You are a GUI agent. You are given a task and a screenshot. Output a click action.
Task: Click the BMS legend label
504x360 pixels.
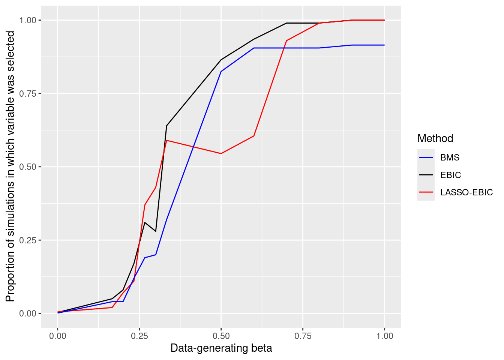point(450,157)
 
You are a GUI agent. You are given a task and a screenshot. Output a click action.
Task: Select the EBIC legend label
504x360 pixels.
point(450,175)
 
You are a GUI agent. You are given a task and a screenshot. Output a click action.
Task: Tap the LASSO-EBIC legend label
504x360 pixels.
point(466,192)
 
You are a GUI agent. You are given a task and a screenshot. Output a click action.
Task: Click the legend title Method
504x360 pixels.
point(435,138)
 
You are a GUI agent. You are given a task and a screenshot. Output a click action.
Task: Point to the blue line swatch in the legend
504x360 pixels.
point(426,157)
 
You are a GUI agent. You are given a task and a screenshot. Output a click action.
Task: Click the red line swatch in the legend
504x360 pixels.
point(426,192)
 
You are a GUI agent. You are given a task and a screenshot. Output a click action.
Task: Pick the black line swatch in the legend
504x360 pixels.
point(426,175)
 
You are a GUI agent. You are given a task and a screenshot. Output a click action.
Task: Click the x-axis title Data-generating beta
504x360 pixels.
point(221,348)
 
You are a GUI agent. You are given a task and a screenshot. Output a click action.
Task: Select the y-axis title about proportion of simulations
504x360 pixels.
point(10,166)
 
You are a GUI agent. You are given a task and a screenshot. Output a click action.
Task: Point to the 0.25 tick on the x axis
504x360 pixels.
point(139,336)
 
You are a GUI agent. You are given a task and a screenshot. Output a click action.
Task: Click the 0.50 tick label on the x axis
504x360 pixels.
point(221,336)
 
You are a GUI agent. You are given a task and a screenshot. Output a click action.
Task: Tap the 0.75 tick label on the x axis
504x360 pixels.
point(303,336)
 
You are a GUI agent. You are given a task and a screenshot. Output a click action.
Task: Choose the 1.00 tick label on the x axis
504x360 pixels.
point(384,336)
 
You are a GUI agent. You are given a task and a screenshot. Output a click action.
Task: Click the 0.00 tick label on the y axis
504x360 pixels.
point(28,313)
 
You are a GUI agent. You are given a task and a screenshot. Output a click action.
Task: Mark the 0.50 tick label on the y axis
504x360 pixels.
point(28,167)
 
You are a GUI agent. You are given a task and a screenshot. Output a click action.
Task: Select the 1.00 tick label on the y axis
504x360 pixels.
point(28,20)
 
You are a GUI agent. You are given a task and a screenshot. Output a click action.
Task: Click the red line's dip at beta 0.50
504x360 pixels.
point(221,153)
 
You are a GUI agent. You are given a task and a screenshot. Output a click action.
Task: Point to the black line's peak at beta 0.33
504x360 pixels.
point(166,126)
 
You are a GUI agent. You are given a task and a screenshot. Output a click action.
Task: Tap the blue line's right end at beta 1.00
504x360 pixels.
point(384,45)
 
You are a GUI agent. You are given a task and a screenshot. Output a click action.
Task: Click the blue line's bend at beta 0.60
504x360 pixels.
point(254,48)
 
